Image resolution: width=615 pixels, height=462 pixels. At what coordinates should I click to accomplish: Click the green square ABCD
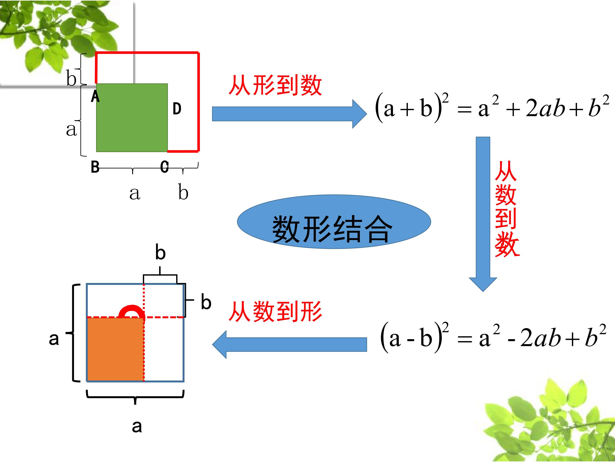pos(132,117)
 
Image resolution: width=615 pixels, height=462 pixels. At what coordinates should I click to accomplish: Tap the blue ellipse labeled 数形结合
pos(334,222)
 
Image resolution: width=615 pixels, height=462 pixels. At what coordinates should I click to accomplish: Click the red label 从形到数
pos(275,86)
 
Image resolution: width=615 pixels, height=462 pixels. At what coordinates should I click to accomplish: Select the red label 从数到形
pos(275,312)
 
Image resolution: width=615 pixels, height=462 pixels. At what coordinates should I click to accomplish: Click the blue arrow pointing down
pos(483,214)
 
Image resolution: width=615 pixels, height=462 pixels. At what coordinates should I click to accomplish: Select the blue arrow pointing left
pos(289,345)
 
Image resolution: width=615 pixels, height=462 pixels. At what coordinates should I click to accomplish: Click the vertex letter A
pos(95,97)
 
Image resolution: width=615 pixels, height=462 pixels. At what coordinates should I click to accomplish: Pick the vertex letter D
pos(177,109)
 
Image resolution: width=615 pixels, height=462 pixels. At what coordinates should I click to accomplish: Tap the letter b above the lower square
pos(160,252)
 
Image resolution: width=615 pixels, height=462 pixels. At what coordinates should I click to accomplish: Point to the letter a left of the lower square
pos(54,339)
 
